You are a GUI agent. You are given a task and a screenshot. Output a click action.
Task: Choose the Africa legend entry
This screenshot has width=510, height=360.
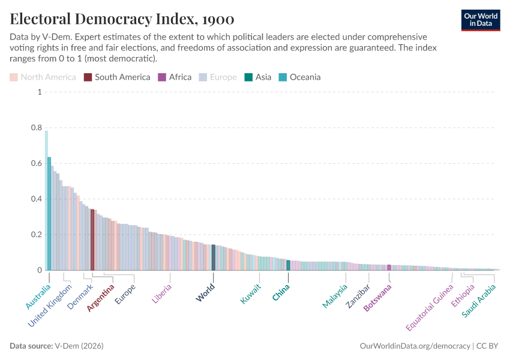coord(175,77)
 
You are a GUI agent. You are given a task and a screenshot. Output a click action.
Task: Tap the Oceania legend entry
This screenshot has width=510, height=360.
coord(299,77)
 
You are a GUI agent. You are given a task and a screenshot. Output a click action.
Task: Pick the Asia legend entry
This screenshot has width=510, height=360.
coord(258,77)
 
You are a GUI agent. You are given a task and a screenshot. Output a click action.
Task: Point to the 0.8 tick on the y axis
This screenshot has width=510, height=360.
coord(36,128)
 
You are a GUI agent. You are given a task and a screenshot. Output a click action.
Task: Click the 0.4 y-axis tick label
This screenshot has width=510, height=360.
coord(36,199)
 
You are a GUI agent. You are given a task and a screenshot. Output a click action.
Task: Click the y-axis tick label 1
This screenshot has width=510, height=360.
coord(39,92)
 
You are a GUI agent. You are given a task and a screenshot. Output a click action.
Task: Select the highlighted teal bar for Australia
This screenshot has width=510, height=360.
coord(49,214)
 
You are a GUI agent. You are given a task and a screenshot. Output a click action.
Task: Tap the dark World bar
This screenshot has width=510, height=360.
coord(214,257)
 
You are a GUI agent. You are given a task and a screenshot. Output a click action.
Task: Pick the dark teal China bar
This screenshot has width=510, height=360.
coord(289,265)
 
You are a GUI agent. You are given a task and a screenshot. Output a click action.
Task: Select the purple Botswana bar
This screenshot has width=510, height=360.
coord(389,268)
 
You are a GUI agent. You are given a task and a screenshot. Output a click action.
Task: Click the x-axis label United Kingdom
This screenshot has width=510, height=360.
coord(50,306)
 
